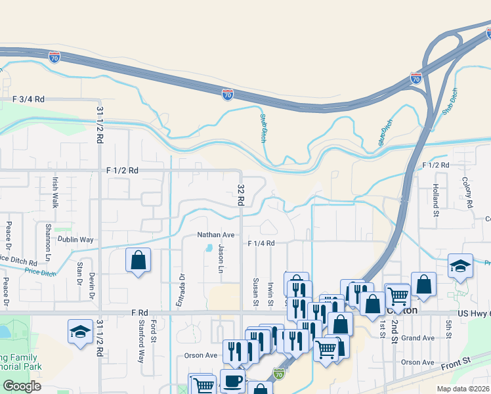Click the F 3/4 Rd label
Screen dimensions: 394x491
click(x=28, y=99)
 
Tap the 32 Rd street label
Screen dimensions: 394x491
click(x=240, y=192)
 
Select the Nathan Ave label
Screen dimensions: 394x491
click(x=216, y=234)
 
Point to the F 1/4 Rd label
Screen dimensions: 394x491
click(x=261, y=243)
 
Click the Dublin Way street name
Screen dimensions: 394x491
click(x=75, y=240)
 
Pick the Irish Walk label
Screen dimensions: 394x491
click(x=56, y=191)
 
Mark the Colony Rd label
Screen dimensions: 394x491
click(x=467, y=193)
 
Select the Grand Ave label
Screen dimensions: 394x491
click(x=418, y=338)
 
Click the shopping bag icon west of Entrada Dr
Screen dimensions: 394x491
click(x=139, y=261)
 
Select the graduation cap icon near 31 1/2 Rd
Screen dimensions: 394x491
click(x=80, y=332)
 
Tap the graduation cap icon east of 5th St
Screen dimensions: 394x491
click(x=461, y=266)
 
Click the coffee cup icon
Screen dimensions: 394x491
click(x=232, y=381)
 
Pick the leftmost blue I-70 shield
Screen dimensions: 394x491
click(x=54, y=57)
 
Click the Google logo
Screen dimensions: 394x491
click(x=22, y=386)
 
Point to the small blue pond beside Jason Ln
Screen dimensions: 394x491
click(x=209, y=248)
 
